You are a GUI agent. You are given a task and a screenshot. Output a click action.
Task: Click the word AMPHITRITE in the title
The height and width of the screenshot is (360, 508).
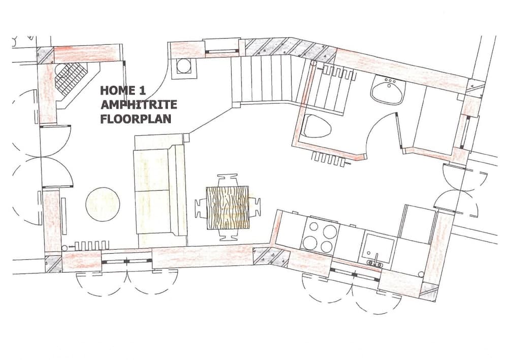139,104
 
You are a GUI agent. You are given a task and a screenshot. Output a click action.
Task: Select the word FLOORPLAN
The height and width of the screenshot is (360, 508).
136,118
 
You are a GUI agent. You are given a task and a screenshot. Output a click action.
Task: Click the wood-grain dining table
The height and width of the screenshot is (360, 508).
228,207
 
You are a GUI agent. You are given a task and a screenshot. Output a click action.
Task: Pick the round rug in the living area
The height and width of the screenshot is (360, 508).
103,204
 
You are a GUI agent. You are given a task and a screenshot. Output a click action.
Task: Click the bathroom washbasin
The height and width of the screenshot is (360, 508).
388,89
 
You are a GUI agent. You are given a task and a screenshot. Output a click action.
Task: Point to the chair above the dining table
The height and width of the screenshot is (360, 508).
228,180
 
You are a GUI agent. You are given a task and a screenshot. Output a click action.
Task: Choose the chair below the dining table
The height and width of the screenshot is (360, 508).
228,235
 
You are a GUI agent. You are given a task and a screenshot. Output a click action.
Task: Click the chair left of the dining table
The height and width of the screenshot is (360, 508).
201,208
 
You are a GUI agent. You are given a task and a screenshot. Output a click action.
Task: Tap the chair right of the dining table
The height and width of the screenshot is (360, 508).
255,207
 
